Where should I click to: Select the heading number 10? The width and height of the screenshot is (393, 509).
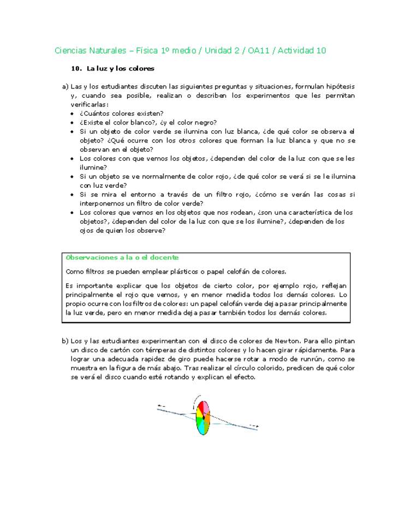coord(76,69)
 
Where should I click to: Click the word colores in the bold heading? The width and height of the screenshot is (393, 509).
coord(141,69)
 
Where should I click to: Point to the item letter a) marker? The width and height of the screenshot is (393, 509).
coord(65,86)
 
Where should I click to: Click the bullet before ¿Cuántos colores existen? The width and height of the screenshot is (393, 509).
coord(74,114)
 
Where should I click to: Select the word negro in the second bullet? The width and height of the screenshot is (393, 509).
coord(206,122)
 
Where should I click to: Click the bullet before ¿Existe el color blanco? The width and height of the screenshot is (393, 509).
coord(74,122)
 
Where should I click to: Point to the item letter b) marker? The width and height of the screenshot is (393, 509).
coord(65,341)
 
